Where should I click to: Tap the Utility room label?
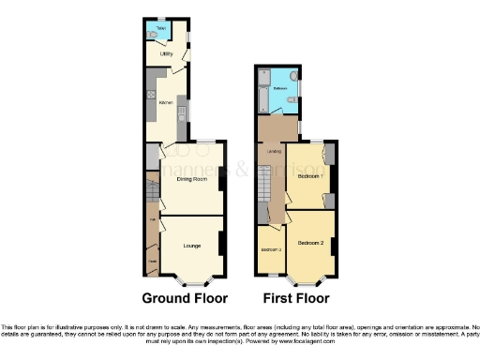pyautogui.click(x=165, y=54)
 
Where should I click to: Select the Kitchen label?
pyautogui.click(x=165, y=100)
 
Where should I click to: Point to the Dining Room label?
pyautogui.click(x=191, y=179)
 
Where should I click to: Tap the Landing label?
pyautogui.click(x=275, y=152)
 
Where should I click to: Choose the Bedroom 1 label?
pyautogui.click(x=310, y=175)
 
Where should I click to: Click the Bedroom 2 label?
pyautogui.click(x=310, y=243)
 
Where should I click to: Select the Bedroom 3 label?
pyautogui.click(x=270, y=250)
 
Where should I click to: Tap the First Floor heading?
pyautogui.click(x=295, y=299)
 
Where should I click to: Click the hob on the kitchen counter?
pyautogui.click(x=150, y=95)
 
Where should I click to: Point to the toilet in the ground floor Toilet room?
pyautogui.click(x=153, y=36)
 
